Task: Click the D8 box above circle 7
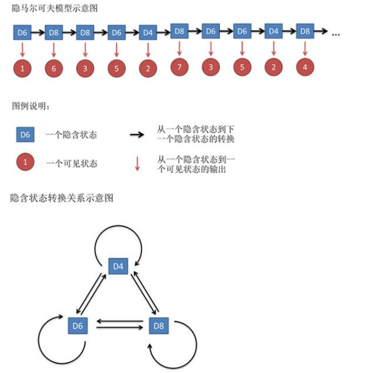tap(179, 30)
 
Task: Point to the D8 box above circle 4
tap(305, 31)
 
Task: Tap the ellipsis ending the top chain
tap(335, 33)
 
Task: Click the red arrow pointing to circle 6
tap(54, 49)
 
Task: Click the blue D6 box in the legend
tap(24, 134)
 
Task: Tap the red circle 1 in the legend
tap(24, 163)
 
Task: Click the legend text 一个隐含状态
tap(71, 135)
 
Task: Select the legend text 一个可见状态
tap(71, 164)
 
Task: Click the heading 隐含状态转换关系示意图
tap(61, 198)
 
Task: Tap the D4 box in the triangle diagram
tap(118, 266)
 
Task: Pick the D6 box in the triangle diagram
tap(78, 325)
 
